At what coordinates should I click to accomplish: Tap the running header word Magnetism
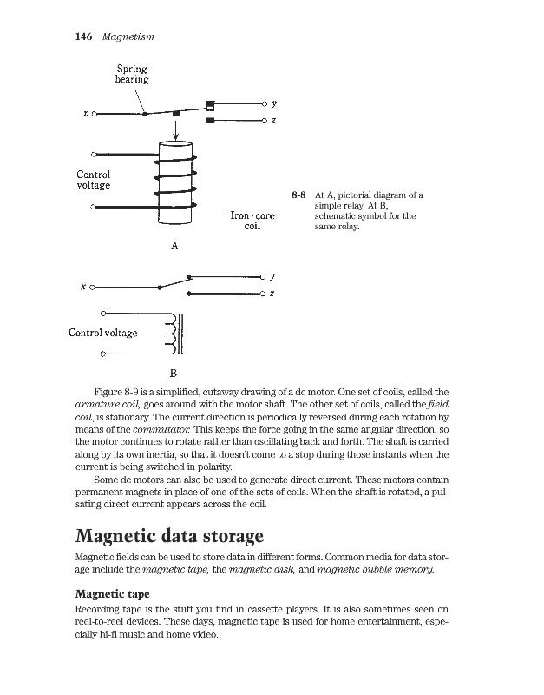(128, 36)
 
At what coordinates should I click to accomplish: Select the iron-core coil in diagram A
(175, 182)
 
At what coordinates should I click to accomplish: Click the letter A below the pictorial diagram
(174, 246)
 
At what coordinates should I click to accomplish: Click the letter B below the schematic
(173, 373)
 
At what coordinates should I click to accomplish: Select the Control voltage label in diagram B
(103, 332)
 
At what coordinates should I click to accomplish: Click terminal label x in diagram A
(84, 114)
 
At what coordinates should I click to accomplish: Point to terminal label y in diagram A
(273, 103)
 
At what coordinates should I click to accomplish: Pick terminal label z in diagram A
(273, 120)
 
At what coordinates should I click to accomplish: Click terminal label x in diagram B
(83, 287)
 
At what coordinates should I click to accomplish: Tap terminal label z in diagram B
(272, 295)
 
